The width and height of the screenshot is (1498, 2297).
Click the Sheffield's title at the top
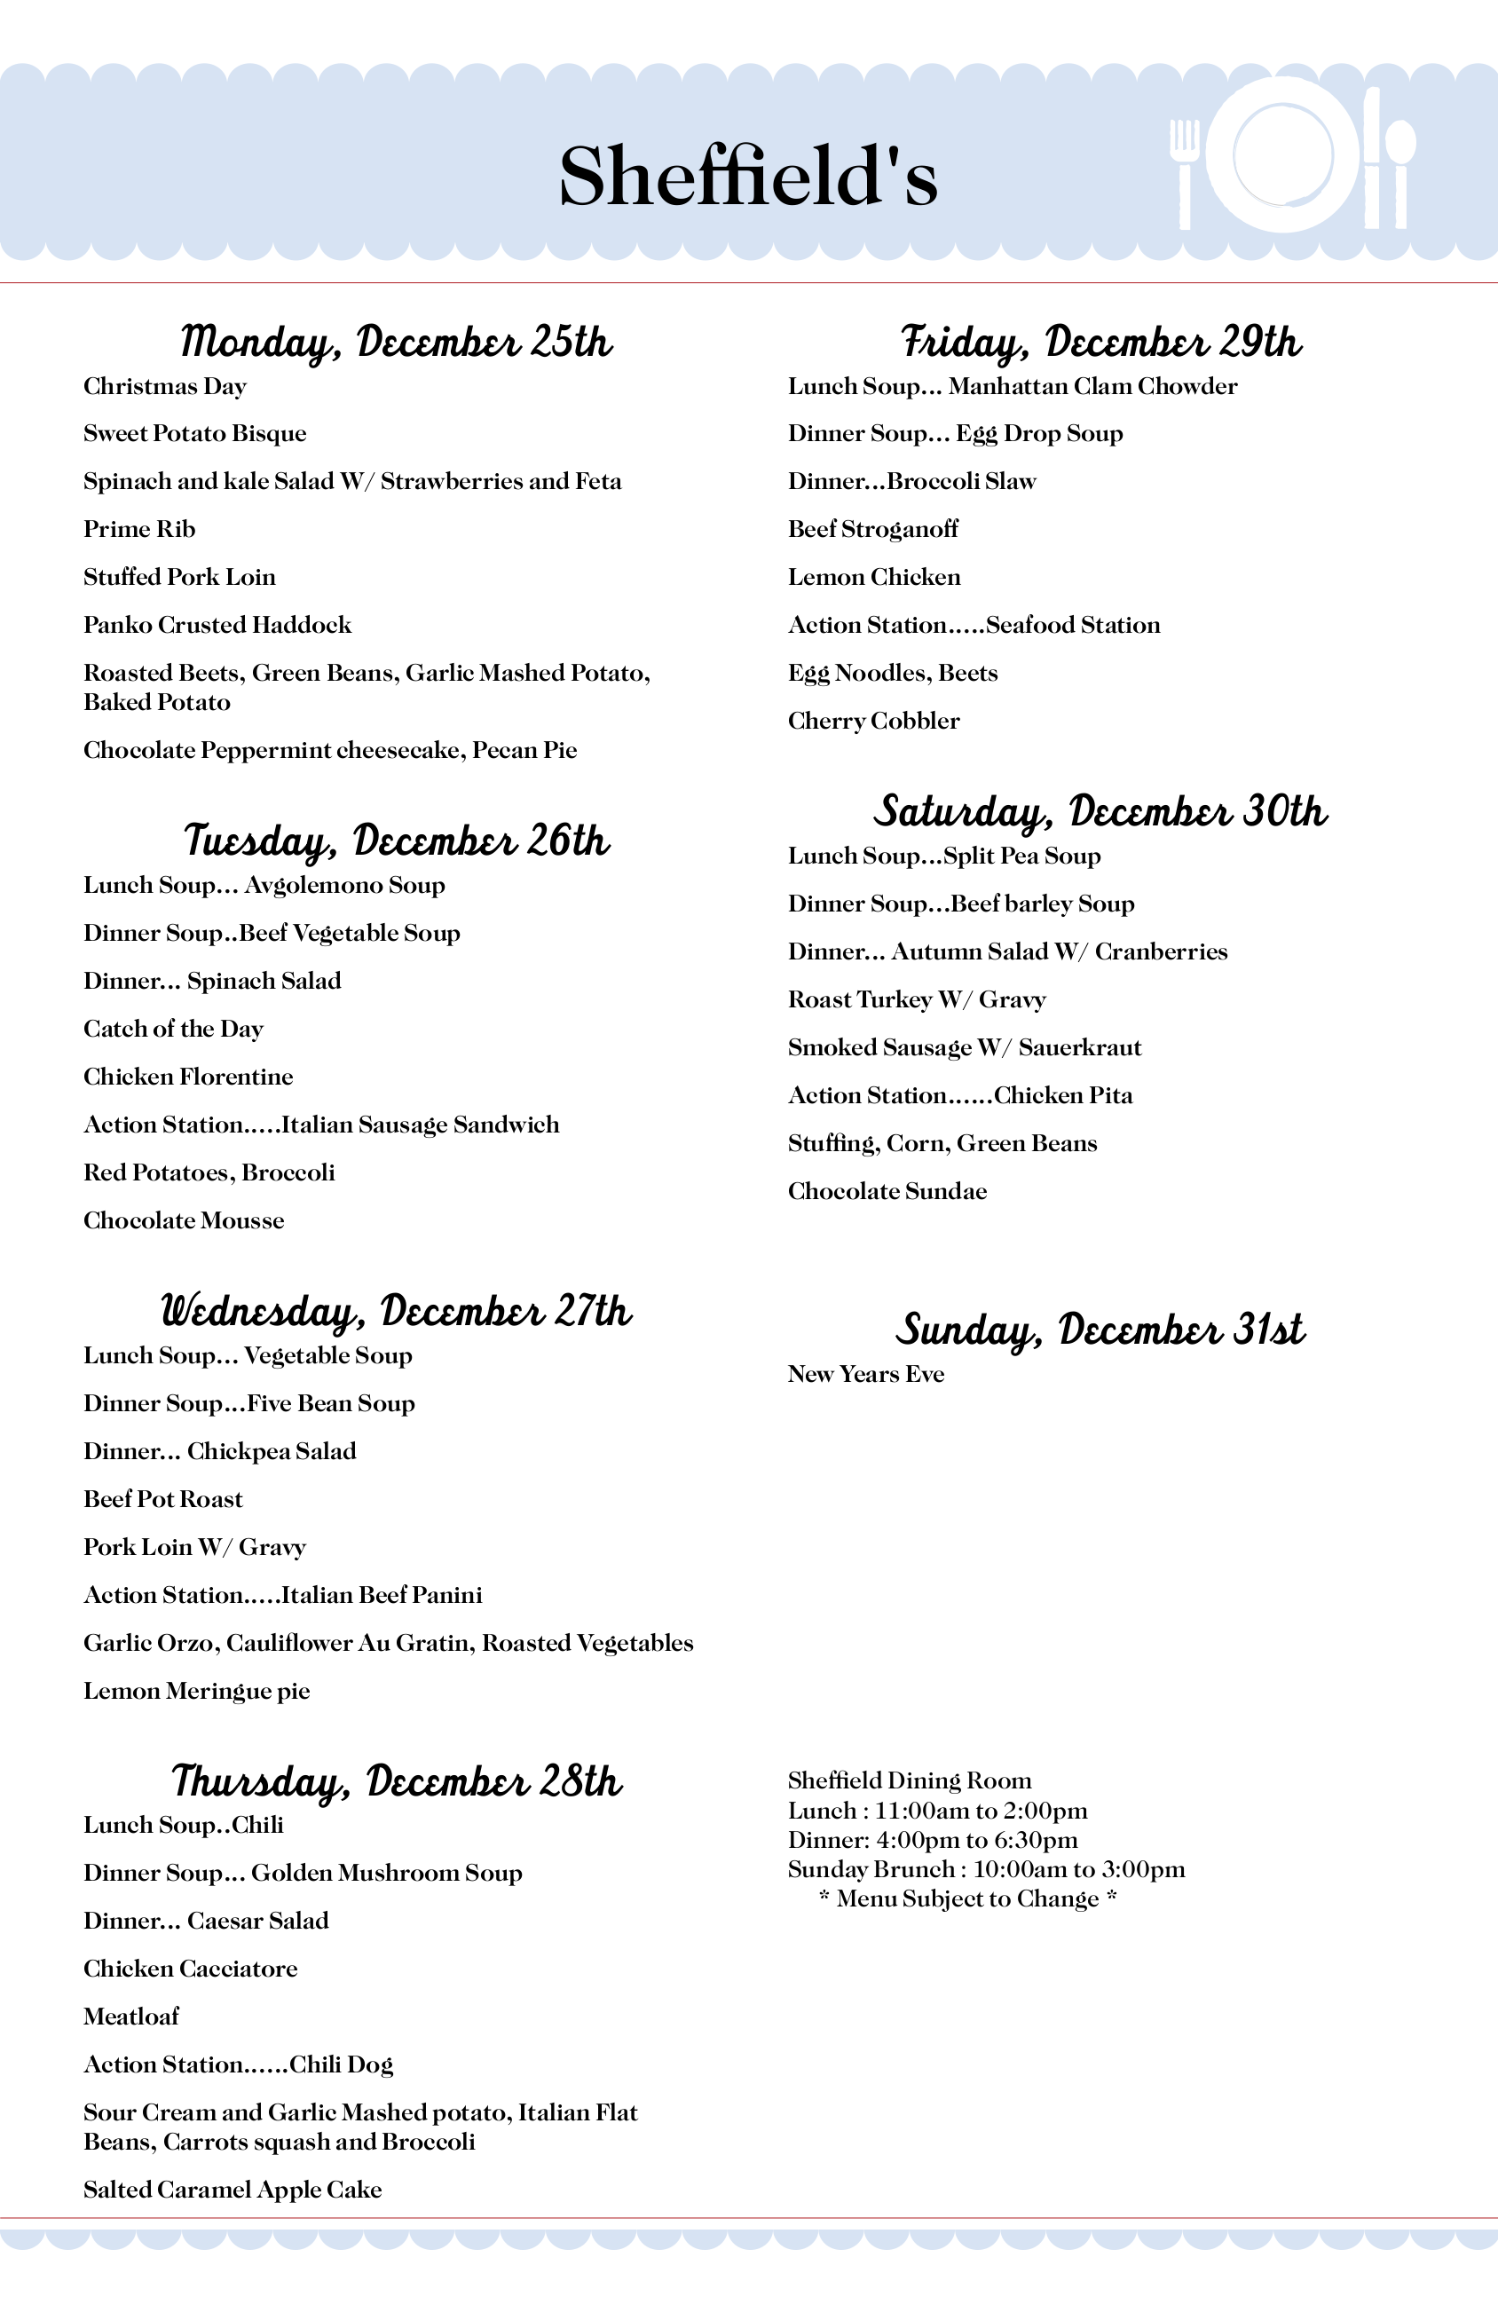pyautogui.click(x=748, y=176)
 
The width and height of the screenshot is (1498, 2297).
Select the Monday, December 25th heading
pyautogui.click(x=396, y=342)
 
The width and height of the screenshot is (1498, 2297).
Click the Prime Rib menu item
pyautogui.click(x=139, y=529)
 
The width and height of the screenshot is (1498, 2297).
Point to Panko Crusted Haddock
pyautogui.click(x=217, y=625)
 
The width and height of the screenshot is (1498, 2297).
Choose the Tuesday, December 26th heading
pyautogui.click(x=396, y=841)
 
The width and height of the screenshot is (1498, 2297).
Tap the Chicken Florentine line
pyautogui.click(x=188, y=1076)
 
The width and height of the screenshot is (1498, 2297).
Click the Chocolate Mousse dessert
pyautogui.click(x=184, y=1220)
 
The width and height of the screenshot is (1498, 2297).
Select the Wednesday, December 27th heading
pyautogui.click(x=396, y=1311)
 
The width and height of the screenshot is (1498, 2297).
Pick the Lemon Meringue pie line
pyautogui.click(x=197, y=1690)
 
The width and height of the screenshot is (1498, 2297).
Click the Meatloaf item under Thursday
pyautogui.click(x=131, y=2017)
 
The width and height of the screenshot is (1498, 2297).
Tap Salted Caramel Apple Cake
pyautogui.click(x=233, y=2189)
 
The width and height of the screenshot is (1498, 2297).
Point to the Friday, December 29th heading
pyautogui.click(x=1100, y=342)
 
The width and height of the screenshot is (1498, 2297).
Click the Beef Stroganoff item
pyautogui.click(x=872, y=529)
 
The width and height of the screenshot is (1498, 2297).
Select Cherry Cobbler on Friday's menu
pyautogui.click(x=873, y=721)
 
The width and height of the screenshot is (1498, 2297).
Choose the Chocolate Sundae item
pyautogui.click(x=887, y=1191)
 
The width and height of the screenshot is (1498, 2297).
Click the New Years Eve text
pyautogui.click(x=866, y=1373)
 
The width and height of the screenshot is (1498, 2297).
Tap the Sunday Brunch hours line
pyautogui.click(x=985, y=1868)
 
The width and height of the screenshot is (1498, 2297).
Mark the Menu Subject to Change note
pyautogui.click(x=967, y=1898)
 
